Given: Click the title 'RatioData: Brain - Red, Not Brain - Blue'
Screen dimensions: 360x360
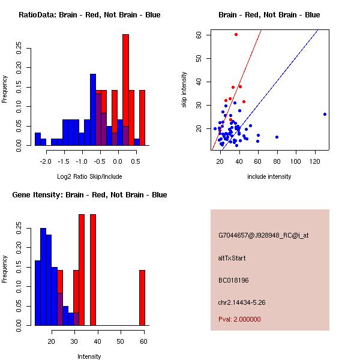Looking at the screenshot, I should click(89, 15).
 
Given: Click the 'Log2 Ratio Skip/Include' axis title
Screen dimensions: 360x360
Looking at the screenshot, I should click(89, 176).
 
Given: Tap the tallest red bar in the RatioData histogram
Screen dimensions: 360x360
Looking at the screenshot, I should click(125, 90).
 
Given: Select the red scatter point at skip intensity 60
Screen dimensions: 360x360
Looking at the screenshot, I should click(236, 35).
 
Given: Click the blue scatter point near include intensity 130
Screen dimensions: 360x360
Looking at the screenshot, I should click(325, 114).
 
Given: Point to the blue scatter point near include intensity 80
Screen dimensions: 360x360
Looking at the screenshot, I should click(277, 137).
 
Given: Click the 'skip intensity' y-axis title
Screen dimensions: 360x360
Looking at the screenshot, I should click(185, 90).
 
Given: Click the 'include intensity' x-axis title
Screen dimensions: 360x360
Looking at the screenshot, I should click(269, 176).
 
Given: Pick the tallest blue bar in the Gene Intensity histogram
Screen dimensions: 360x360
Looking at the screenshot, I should click(43, 277).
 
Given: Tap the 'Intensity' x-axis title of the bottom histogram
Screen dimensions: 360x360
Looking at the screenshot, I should click(89, 356).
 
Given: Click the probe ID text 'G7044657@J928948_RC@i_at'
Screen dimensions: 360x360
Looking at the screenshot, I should click(263, 236).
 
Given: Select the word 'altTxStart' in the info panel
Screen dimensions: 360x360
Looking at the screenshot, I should click(232, 258).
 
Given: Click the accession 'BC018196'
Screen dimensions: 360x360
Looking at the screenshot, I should click(233, 280).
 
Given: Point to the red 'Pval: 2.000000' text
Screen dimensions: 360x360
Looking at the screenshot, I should click(239, 319).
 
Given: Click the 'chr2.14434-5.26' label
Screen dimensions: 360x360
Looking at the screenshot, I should click(242, 302).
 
